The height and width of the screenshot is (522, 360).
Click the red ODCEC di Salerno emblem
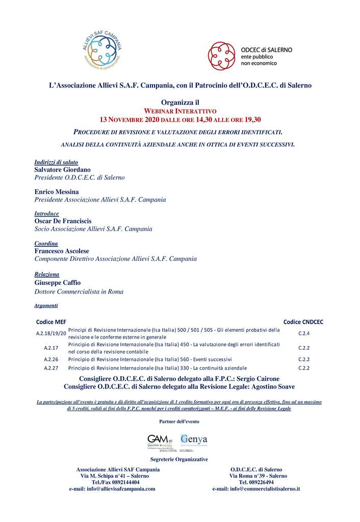pos(221,55)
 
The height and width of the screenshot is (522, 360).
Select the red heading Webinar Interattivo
pos(179,111)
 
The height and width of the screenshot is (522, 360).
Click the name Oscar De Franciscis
pos(63,221)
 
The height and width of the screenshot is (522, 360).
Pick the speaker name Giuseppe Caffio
pos(57,282)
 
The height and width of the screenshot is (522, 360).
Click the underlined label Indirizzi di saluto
pos(56,162)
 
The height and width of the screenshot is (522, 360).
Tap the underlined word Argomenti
pos(46,305)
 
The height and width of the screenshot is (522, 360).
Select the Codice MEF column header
pos(51,322)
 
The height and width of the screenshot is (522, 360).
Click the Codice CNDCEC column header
pos(303,322)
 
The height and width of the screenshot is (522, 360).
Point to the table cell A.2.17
pos(51,348)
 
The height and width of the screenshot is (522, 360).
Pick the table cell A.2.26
pos(51,359)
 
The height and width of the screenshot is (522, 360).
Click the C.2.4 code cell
pos(304,333)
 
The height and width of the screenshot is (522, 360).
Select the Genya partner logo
pos(194,440)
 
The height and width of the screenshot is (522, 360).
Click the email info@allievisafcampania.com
pos(112,488)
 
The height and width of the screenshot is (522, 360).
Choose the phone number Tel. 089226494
pos(256,482)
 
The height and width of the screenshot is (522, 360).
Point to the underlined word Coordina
pos(46,244)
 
